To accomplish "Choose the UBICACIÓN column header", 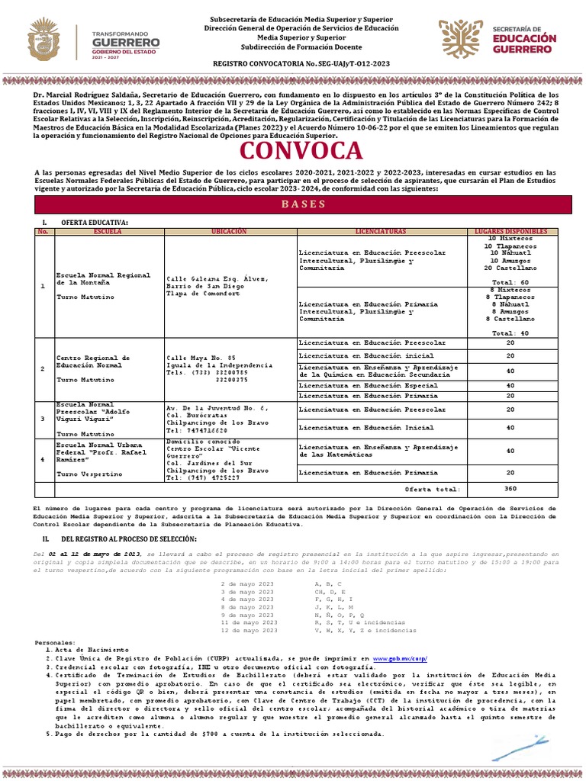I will (x=229, y=231).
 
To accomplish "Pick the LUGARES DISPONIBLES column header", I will (x=512, y=231).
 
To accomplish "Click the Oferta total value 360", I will (x=510, y=489).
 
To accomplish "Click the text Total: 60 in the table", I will (x=510, y=282).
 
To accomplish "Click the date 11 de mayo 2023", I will (x=249, y=623).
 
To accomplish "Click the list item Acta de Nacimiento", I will (x=83, y=650).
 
